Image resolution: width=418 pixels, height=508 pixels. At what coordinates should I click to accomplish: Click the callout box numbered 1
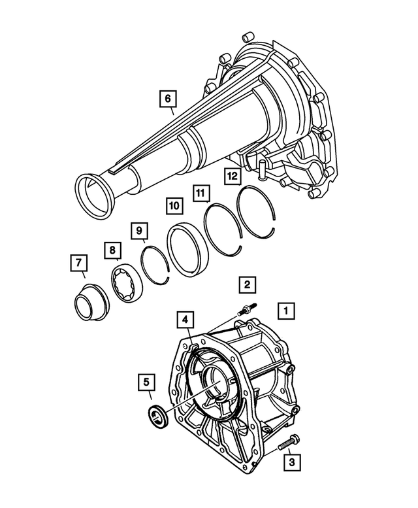pyautogui.click(x=285, y=311)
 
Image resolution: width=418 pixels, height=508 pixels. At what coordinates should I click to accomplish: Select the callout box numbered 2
pyautogui.click(x=246, y=284)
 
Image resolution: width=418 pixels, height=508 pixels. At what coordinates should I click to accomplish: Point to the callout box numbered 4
pyautogui.click(x=185, y=320)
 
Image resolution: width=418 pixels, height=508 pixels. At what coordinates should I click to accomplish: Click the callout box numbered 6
pyautogui.click(x=167, y=99)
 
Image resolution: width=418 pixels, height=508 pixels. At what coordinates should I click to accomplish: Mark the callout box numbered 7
pyautogui.click(x=79, y=263)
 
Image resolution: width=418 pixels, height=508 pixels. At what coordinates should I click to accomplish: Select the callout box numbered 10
pyautogui.click(x=173, y=205)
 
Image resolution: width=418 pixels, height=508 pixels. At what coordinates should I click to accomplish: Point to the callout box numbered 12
pyautogui.click(x=231, y=175)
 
